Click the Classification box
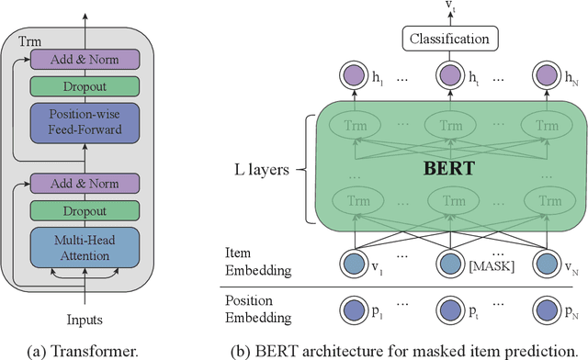(448, 39)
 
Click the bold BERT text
(447, 168)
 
